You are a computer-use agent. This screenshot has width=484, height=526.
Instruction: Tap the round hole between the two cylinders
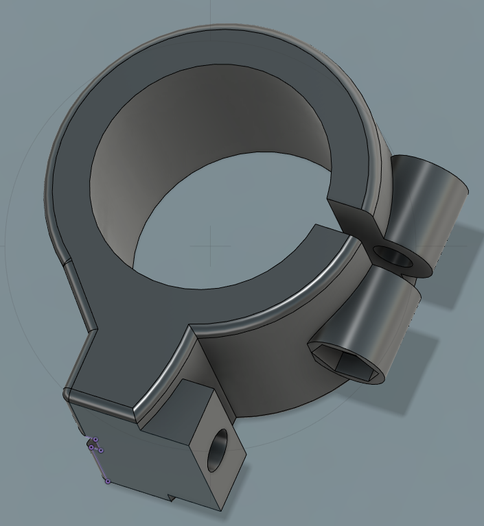pyautogui.click(x=394, y=257)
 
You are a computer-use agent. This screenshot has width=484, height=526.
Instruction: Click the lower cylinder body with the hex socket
pyautogui.click(x=384, y=322)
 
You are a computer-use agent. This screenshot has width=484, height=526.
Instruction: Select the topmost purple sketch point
pyautogui.click(x=95, y=440)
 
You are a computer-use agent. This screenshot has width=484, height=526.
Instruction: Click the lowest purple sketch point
pyautogui.click(x=108, y=481)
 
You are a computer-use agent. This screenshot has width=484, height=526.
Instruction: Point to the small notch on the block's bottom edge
pyautogui.click(x=172, y=495)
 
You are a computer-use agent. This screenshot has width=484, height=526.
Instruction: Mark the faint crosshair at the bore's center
pyautogui.click(x=210, y=245)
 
